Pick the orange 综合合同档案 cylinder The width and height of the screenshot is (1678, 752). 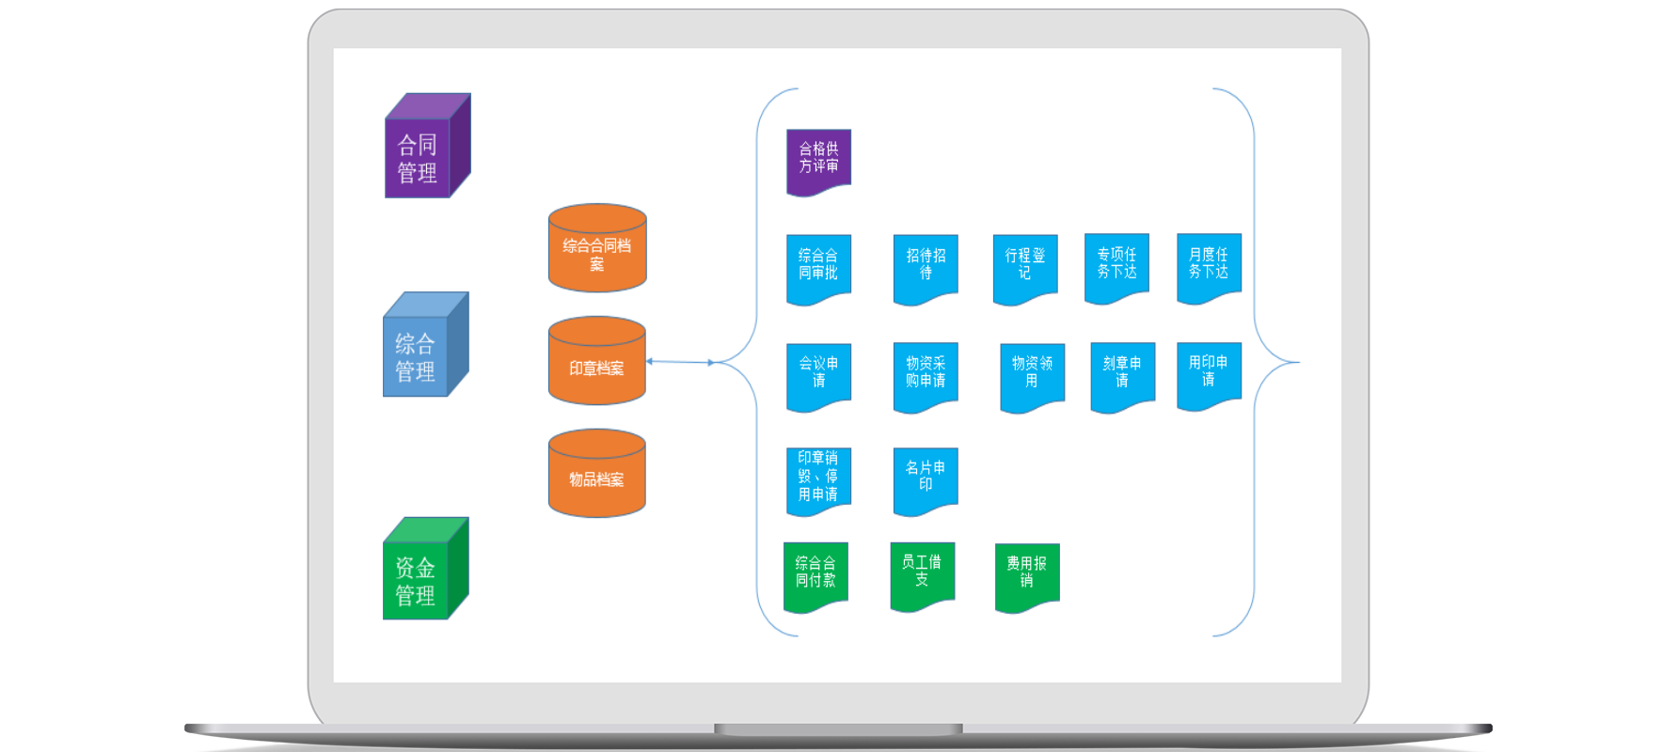(597, 250)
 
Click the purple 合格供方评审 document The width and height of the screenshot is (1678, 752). (818, 160)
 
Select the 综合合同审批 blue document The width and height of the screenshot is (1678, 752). (818, 267)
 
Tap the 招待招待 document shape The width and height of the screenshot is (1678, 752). (926, 267)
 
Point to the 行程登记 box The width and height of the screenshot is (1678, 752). (1025, 267)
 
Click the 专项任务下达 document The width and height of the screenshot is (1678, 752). (1116, 266)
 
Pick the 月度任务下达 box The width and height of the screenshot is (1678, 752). (1209, 266)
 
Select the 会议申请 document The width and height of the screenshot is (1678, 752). (818, 374)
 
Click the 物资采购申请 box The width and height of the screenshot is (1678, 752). (926, 374)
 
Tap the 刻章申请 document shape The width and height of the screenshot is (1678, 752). (1122, 374)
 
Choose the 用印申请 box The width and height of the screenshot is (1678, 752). (1209, 373)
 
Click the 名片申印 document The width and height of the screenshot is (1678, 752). (926, 478)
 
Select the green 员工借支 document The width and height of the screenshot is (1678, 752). (922, 573)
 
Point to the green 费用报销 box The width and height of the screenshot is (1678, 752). (1027, 574)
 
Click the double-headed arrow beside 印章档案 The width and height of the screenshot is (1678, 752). (679, 362)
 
